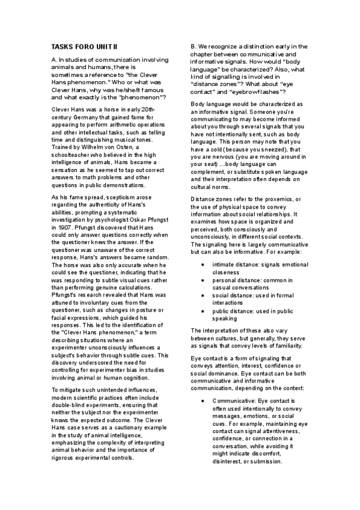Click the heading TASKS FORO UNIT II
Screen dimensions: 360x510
(x=84, y=46)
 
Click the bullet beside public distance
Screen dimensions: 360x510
(x=204, y=312)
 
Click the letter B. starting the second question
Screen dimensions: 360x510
(x=194, y=46)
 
